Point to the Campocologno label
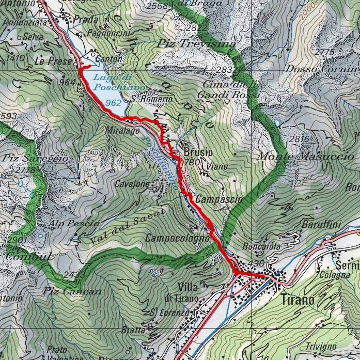[177, 238]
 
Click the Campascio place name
[212, 198]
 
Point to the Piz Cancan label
[72, 291]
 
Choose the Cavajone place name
[133, 183]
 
